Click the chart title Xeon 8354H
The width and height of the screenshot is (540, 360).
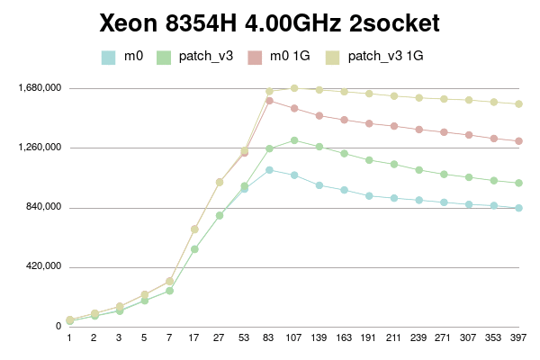(270, 22)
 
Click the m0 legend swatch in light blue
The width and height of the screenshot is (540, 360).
(108, 57)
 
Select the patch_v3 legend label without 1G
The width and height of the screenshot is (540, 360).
(206, 57)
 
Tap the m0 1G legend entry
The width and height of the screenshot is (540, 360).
(290, 57)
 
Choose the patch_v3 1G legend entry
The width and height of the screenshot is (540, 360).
(385, 57)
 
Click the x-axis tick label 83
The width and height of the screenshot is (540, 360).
(269, 338)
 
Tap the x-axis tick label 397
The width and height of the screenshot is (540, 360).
(519, 338)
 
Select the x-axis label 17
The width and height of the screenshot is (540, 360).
(194, 338)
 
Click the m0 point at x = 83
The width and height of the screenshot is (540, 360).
(269, 169)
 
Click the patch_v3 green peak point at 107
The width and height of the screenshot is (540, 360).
(294, 140)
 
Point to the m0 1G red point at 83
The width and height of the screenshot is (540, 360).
(269, 101)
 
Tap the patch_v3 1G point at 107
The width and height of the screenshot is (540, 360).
(294, 88)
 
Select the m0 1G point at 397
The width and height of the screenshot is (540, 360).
(519, 141)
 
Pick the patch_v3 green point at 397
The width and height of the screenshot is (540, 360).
(519, 184)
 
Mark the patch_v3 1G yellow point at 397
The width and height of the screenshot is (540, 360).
(519, 104)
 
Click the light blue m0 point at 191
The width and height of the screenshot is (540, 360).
(369, 195)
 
